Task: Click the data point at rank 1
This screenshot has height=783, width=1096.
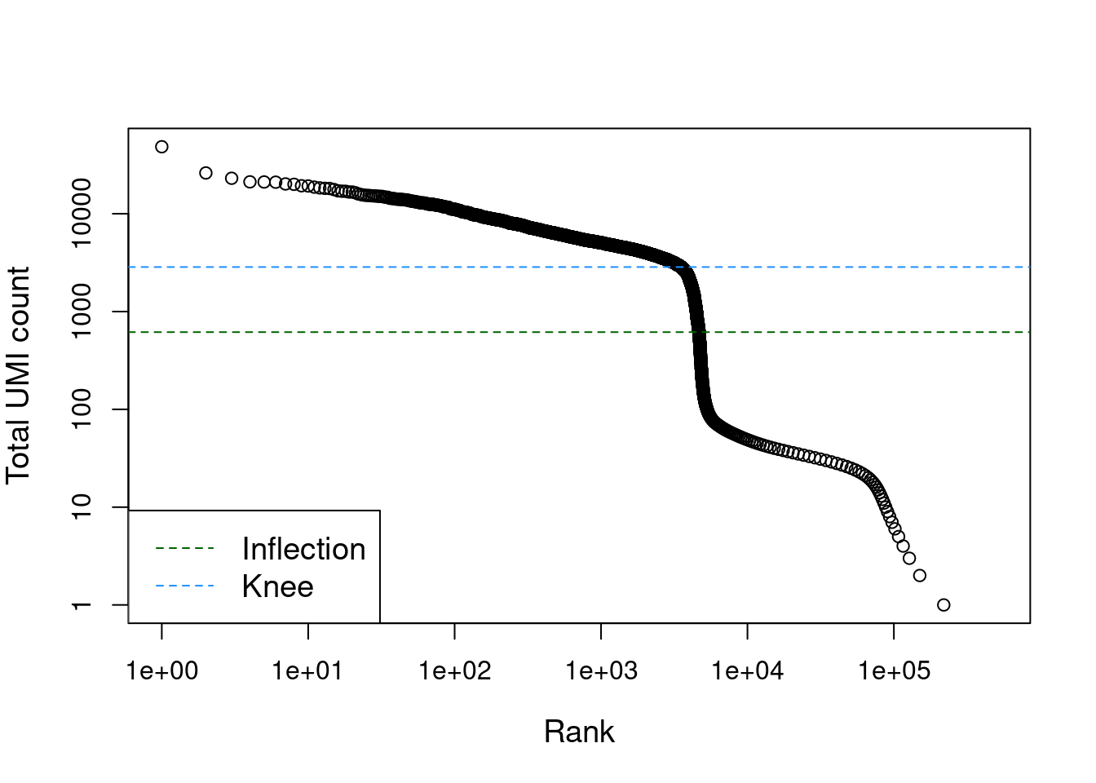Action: pyautogui.click(x=161, y=147)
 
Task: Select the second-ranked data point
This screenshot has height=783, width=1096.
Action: pyautogui.click(x=205, y=173)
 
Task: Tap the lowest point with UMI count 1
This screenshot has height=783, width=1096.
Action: pyautogui.click(x=944, y=605)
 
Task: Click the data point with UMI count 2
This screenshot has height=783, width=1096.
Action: pyautogui.click(x=920, y=576)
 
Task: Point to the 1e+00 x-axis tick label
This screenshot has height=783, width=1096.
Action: pyautogui.click(x=161, y=671)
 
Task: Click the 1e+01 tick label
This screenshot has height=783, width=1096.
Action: pyautogui.click(x=308, y=671)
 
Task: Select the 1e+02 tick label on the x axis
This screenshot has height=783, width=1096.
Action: pyautogui.click(x=455, y=671)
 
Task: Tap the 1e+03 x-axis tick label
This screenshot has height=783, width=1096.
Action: pyautogui.click(x=601, y=671)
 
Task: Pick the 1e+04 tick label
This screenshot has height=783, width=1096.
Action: pyautogui.click(x=748, y=671)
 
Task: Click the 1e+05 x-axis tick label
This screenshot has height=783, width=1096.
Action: pyautogui.click(x=894, y=671)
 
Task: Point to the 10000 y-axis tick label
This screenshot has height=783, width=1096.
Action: pyautogui.click(x=82, y=214)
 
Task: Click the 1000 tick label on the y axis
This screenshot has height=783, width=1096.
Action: pyautogui.click(x=82, y=312)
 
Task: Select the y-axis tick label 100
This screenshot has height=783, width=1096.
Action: pyautogui.click(x=82, y=409)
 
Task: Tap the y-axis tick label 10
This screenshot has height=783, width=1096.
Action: pyautogui.click(x=82, y=507)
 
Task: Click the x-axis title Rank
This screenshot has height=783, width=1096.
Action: pyautogui.click(x=579, y=732)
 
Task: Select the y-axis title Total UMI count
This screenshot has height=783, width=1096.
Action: pyautogui.click(x=19, y=375)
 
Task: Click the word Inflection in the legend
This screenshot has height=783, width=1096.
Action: pyautogui.click(x=303, y=550)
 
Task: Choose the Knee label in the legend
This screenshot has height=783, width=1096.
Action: pyautogui.click(x=277, y=587)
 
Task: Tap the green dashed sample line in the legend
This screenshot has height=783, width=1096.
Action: pyautogui.click(x=184, y=549)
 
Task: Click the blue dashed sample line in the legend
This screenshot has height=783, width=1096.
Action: pyautogui.click(x=184, y=586)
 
